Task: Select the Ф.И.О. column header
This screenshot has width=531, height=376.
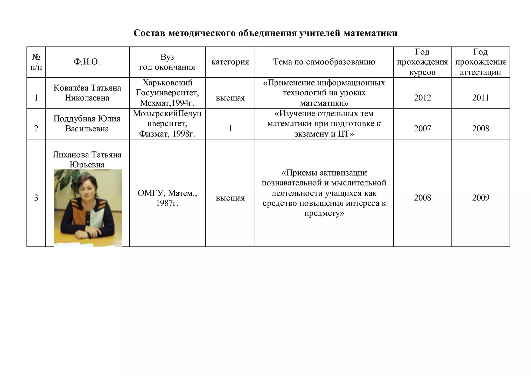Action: pyautogui.click(x=87, y=62)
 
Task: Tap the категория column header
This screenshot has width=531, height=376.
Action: pyautogui.click(x=230, y=62)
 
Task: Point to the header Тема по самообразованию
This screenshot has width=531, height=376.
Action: pyautogui.click(x=324, y=62)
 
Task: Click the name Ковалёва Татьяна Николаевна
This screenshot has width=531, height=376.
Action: pyautogui.click(x=87, y=93)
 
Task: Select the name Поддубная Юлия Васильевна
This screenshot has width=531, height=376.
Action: pyautogui.click(x=87, y=124)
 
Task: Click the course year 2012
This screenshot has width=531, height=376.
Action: pyautogui.click(x=422, y=98)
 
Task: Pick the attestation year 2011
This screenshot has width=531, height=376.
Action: pyautogui.click(x=480, y=98)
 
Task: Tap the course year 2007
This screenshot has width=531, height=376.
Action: pyautogui.click(x=422, y=129)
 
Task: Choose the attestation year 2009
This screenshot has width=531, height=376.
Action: pyautogui.click(x=480, y=198)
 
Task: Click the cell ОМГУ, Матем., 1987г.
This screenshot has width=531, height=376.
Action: pyautogui.click(x=167, y=198)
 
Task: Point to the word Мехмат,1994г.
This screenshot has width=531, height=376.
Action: pyautogui.click(x=167, y=103)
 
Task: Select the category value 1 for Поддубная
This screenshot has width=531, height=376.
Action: pyautogui.click(x=230, y=129)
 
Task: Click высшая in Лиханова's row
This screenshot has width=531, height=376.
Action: pyautogui.click(x=230, y=198)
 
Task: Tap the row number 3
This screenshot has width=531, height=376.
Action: pyautogui.click(x=36, y=198)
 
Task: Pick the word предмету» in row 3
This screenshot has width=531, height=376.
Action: pyautogui.click(x=324, y=213)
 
